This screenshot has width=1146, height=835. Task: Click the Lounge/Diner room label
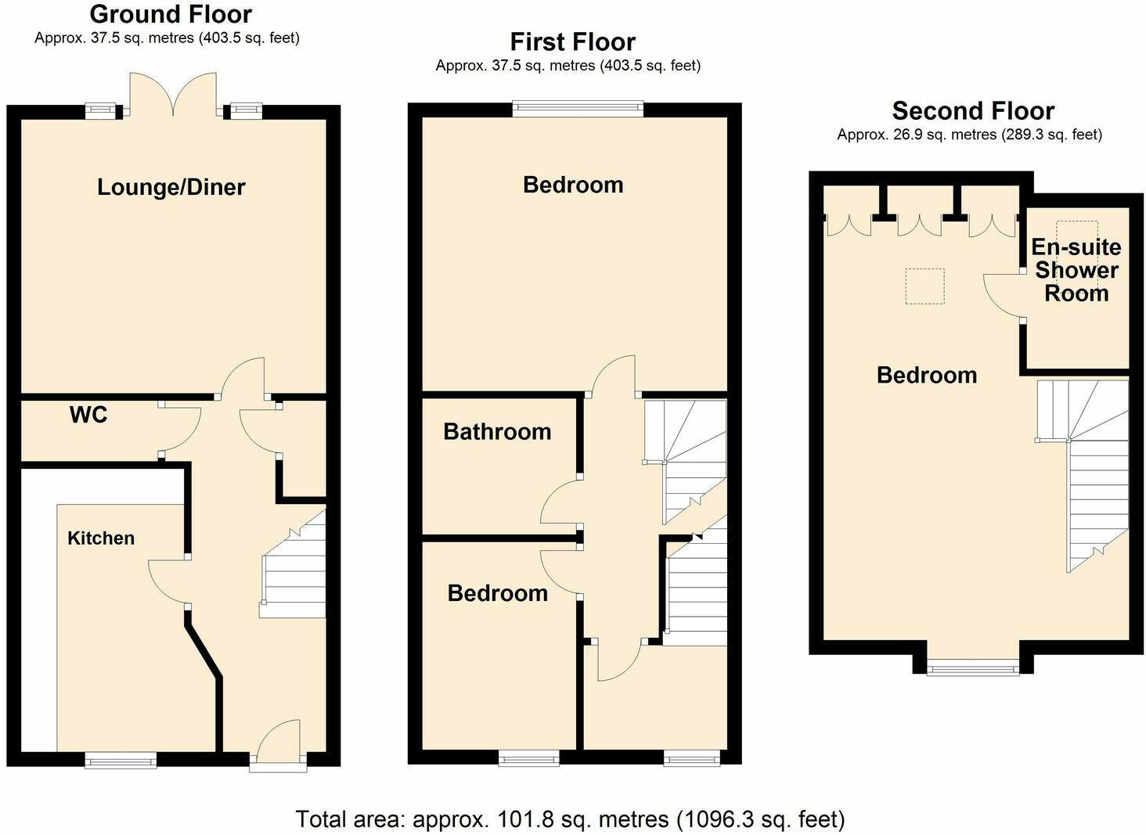tap(171, 187)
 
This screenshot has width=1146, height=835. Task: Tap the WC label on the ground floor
tap(88, 415)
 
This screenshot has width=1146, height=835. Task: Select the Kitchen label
tap(101, 538)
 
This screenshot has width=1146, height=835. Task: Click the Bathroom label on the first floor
tap(497, 431)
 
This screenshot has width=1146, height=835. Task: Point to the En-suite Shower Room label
tap(1076, 270)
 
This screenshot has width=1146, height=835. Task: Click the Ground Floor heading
tap(171, 14)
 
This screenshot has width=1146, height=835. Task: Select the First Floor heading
tap(572, 41)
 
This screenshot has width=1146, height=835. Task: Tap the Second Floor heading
tap(973, 110)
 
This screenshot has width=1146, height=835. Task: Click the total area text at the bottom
tap(570, 819)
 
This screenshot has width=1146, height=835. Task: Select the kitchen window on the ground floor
tap(121, 759)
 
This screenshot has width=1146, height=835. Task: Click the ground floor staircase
tap(294, 567)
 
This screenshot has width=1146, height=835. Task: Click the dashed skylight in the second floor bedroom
tap(924, 286)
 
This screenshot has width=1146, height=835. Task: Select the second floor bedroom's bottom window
tap(973, 668)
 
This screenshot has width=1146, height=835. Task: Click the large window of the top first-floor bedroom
tap(578, 109)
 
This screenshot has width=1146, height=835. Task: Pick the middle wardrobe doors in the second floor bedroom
tap(919, 225)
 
